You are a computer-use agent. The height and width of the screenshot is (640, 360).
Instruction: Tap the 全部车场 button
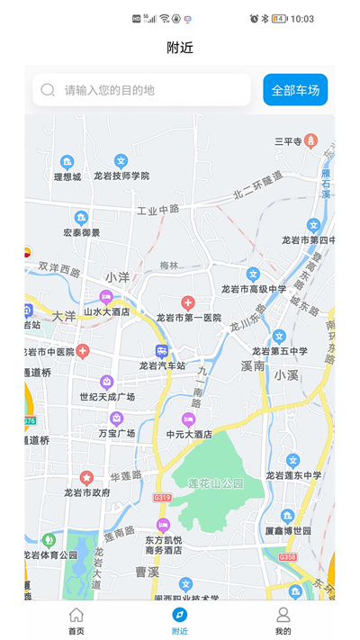295,90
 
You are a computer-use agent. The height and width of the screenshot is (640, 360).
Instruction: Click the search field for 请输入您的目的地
144,90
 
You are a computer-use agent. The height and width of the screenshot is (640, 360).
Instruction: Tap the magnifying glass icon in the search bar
48,90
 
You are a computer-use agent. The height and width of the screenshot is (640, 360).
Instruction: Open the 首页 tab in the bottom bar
76,620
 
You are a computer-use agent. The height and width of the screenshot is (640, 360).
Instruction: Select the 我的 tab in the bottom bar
283,620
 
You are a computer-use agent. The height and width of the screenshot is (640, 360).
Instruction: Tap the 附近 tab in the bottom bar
180,620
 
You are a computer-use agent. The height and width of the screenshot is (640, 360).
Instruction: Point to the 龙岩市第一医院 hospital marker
188,303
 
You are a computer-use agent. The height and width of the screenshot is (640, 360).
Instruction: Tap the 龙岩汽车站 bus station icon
161,351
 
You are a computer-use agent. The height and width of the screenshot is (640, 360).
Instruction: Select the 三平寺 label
288,141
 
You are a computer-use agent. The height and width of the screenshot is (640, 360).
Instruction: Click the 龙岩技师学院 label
121,176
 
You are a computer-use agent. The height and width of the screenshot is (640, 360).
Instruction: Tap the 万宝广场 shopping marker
116,419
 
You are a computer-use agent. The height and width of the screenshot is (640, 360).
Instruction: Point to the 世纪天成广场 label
107,397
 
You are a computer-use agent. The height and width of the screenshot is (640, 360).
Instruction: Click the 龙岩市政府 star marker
86,477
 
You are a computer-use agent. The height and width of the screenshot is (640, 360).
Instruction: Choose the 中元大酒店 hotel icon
188,419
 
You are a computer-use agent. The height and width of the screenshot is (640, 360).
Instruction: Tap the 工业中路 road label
157,210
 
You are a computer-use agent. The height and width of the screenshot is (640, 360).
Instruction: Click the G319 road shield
162,497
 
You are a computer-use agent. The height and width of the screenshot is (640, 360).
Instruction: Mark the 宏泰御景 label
81,232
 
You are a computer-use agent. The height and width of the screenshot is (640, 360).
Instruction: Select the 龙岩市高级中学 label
254,289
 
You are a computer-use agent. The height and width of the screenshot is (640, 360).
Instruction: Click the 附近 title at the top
180,48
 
